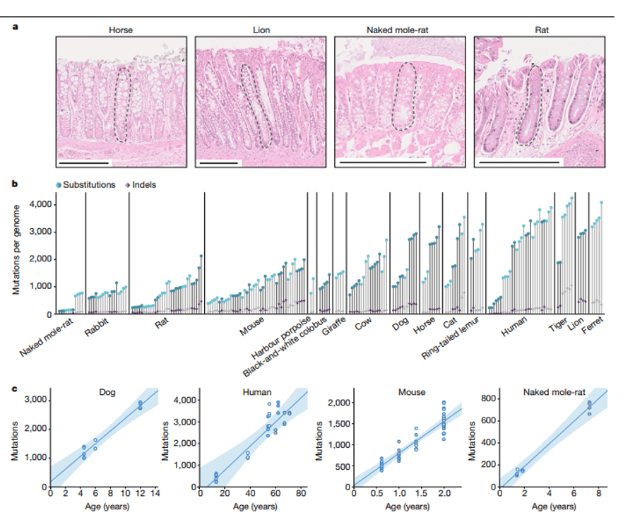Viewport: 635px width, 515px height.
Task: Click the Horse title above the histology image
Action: point(121,30)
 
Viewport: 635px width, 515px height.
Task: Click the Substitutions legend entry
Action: point(88,185)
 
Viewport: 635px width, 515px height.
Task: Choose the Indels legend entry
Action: point(144,185)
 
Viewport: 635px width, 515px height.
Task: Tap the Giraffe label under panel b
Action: point(333,329)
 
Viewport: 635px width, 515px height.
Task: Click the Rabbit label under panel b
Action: point(97,329)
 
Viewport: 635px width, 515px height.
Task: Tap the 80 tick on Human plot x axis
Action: point(300,494)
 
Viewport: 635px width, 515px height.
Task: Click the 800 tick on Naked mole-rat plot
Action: point(487,399)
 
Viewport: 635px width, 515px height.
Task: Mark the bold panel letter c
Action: point(14,386)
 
